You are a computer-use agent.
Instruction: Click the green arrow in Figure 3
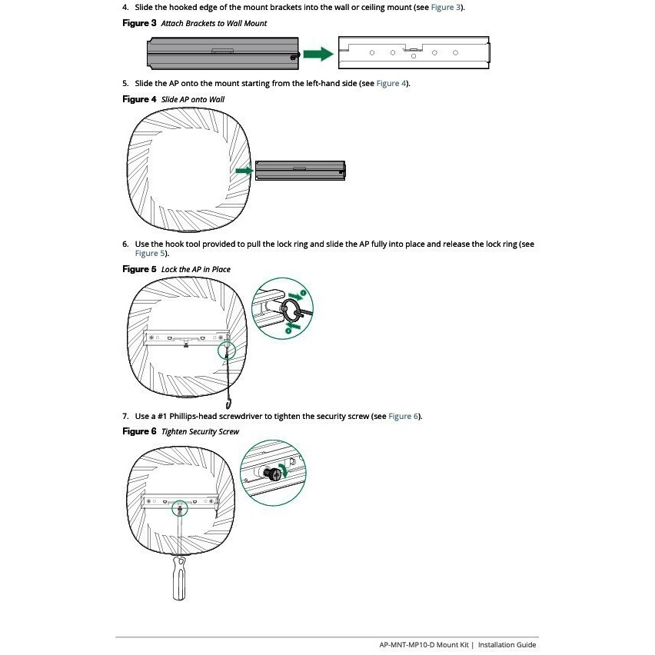pyautogui.click(x=316, y=54)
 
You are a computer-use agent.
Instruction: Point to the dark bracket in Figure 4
pyautogui.click(x=300, y=170)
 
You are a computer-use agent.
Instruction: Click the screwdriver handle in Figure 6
pyautogui.click(x=180, y=580)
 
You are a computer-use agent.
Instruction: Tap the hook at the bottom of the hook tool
pyautogui.click(x=228, y=403)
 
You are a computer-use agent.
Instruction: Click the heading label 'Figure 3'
pyautogui.click(x=139, y=23)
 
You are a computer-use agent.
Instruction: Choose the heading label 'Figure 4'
pyautogui.click(x=139, y=99)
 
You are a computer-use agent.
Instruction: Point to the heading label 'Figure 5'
pyautogui.click(x=139, y=269)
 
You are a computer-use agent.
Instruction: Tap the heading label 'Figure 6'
pyautogui.click(x=139, y=431)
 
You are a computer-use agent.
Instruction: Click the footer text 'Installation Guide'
pyautogui.click(x=507, y=645)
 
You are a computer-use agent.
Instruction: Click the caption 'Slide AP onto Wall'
pyautogui.click(x=193, y=100)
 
